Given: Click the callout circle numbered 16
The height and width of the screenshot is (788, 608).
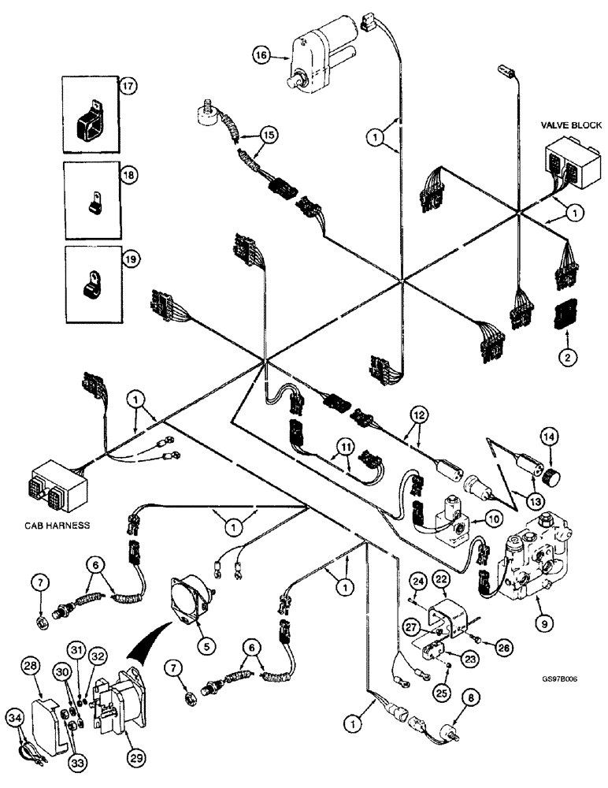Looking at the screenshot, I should pos(261,55).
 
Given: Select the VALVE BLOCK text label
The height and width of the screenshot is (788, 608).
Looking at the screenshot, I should pos(571,125).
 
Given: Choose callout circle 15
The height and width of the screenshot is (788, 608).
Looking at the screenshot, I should pos(269,136).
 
